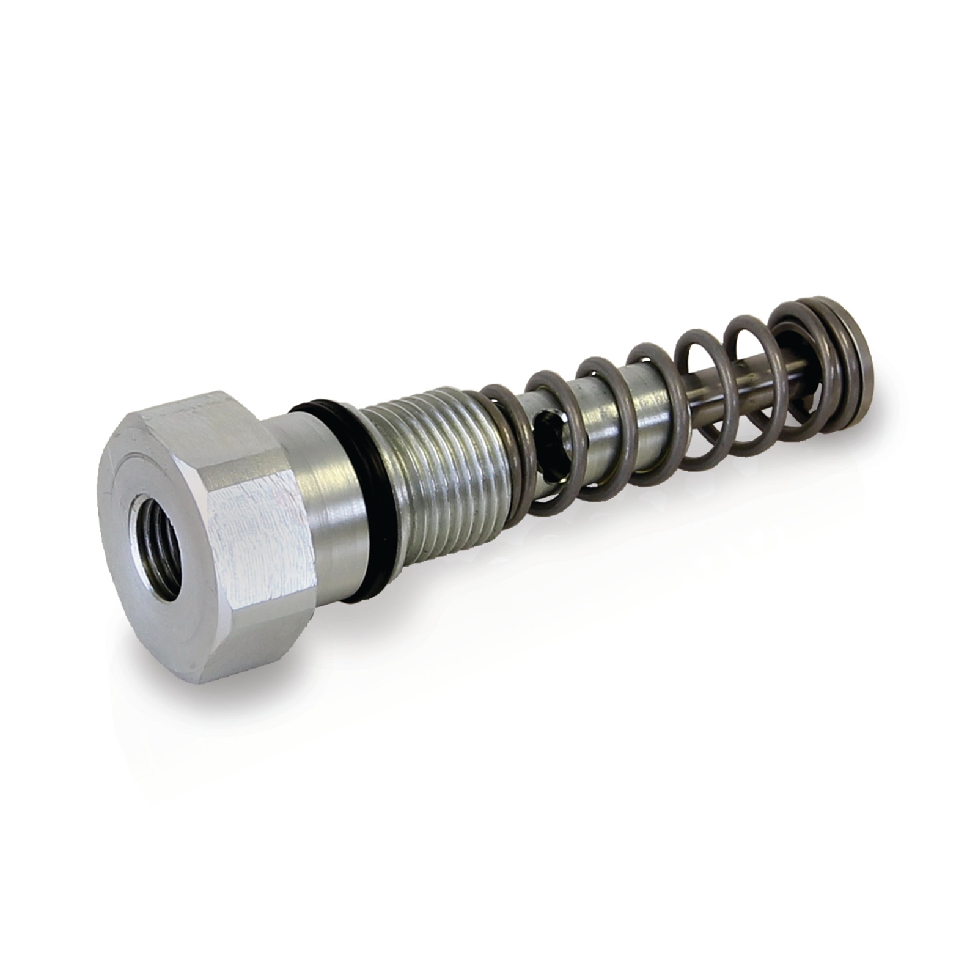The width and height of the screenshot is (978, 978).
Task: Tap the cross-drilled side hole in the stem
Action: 547,440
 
